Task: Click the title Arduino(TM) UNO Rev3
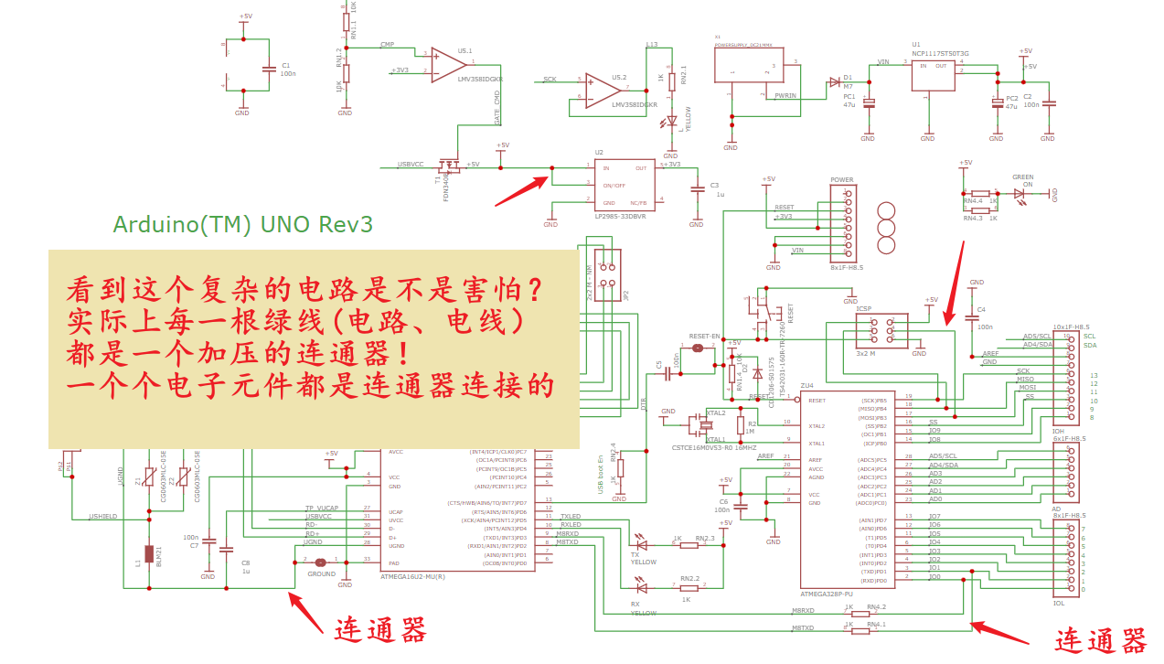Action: (x=242, y=224)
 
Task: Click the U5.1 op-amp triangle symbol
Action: (x=448, y=64)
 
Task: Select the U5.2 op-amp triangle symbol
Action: (x=603, y=90)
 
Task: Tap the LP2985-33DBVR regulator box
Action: (x=625, y=185)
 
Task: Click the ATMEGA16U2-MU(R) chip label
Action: (x=412, y=576)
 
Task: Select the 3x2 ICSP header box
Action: (x=882, y=331)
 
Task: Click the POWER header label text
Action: (x=841, y=180)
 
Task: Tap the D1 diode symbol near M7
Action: (x=834, y=81)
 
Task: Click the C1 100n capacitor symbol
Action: (x=268, y=70)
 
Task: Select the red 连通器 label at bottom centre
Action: (x=379, y=630)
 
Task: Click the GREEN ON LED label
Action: (x=1022, y=180)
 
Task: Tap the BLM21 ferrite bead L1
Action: (x=149, y=553)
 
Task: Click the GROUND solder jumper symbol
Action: (x=320, y=562)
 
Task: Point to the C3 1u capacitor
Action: (x=698, y=188)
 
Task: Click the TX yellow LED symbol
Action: (x=641, y=544)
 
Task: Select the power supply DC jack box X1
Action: (x=749, y=70)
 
